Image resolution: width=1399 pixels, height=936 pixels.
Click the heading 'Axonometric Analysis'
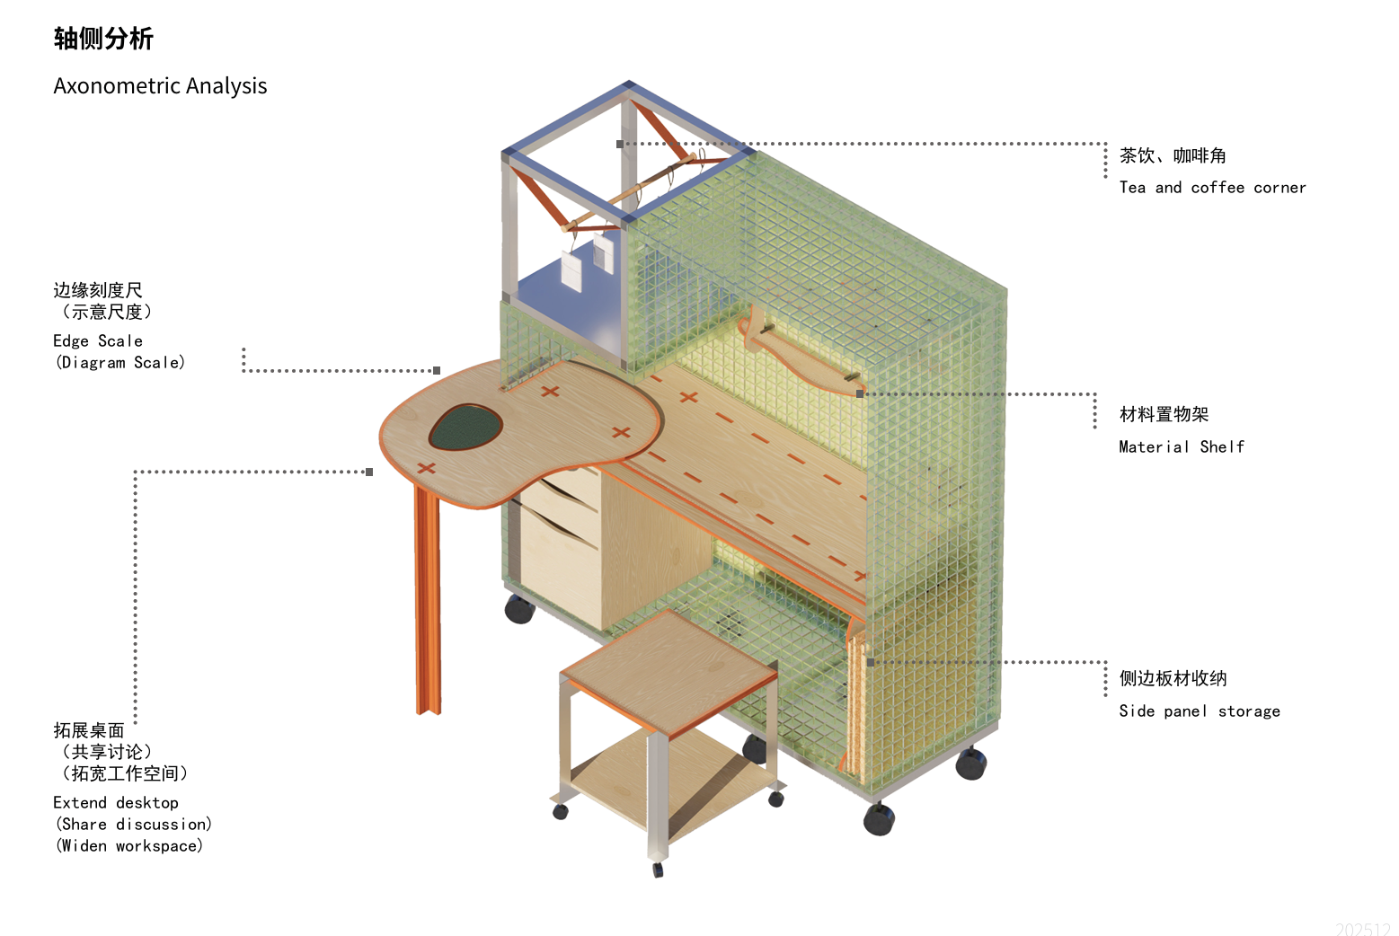[x=160, y=86]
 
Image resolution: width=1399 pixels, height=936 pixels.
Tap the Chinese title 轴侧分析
[x=103, y=39]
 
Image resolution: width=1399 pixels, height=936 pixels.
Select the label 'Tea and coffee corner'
[x=1212, y=188]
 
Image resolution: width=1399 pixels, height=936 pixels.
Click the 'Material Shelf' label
[x=1182, y=446]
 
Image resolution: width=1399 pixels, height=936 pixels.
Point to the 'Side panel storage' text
[x=1200, y=711]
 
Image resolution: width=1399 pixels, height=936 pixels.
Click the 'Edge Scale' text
[x=98, y=341]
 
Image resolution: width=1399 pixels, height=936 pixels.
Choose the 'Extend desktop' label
[x=116, y=803]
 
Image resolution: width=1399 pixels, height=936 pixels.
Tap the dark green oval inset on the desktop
[x=465, y=427]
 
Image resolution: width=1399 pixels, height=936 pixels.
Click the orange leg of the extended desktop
[x=428, y=602]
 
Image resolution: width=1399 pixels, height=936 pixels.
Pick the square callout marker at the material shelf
[x=860, y=394]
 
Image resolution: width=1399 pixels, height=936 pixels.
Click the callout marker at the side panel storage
[x=871, y=663]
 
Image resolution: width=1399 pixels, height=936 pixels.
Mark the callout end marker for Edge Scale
[x=437, y=371]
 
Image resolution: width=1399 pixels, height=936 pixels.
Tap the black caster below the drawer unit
[x=519, y=609]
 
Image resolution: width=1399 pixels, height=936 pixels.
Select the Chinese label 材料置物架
[x=1164, y=414]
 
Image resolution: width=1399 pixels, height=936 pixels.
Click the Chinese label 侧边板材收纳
[x=1173, y=679]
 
